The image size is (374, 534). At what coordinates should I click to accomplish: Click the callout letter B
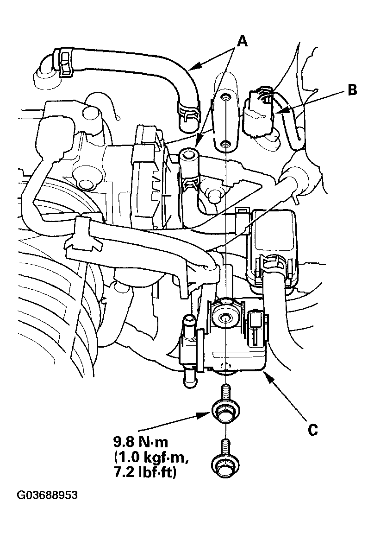[x=352, y=90]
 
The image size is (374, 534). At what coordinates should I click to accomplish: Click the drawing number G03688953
[x=47, y=496]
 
